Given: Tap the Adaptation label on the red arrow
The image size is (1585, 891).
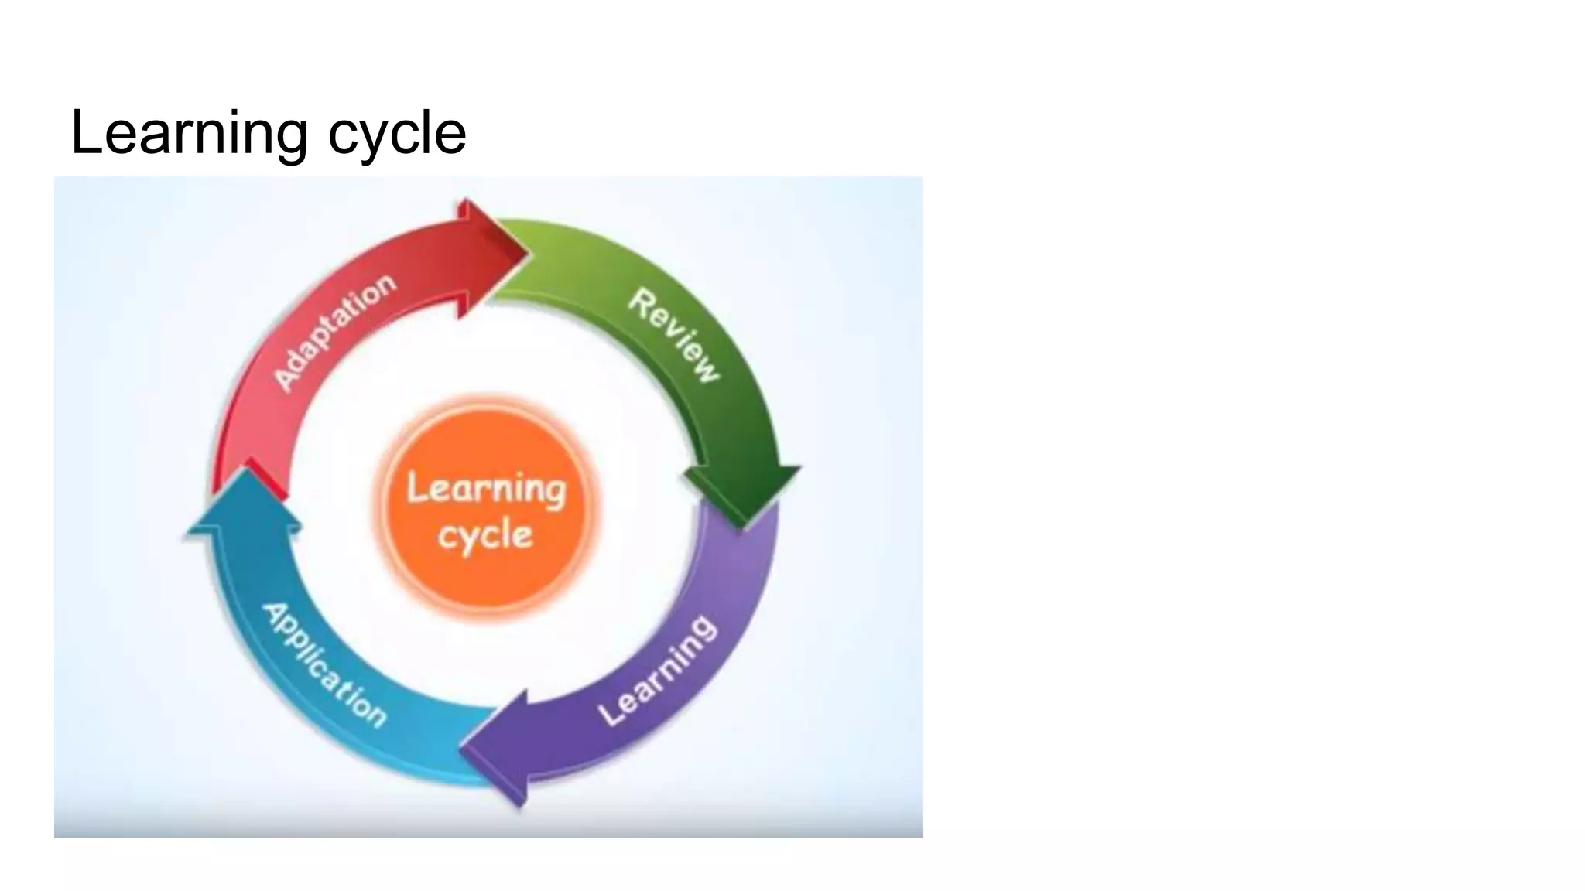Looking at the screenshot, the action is (x=335, y=332).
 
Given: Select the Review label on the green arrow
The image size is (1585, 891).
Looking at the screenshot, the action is (x=674, y=335).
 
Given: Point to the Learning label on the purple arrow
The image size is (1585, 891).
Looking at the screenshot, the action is (x=659, y=671).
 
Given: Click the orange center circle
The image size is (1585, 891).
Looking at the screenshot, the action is (x=487, y=507).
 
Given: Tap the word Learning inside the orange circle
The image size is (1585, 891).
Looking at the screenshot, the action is (x=487, y=489).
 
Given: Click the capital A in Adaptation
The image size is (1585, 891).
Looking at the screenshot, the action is (x=286, y=379).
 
